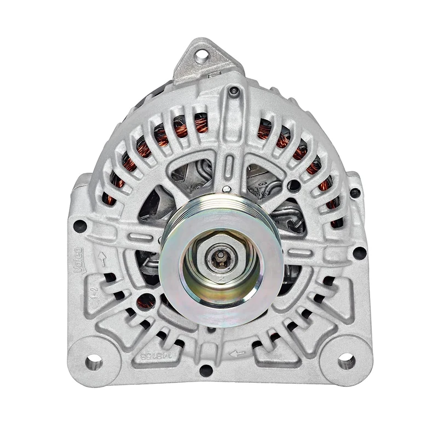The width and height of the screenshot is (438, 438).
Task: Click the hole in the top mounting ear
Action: coord(202,54)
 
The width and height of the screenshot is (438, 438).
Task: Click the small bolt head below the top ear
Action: coord(234,91)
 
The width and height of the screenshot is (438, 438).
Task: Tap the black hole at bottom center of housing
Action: coord(206,370)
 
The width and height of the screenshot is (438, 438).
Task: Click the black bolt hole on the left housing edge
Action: coord(80,225)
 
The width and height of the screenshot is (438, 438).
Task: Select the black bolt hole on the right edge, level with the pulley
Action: coord(359,252)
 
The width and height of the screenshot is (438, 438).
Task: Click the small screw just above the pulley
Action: coord(226,189)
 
